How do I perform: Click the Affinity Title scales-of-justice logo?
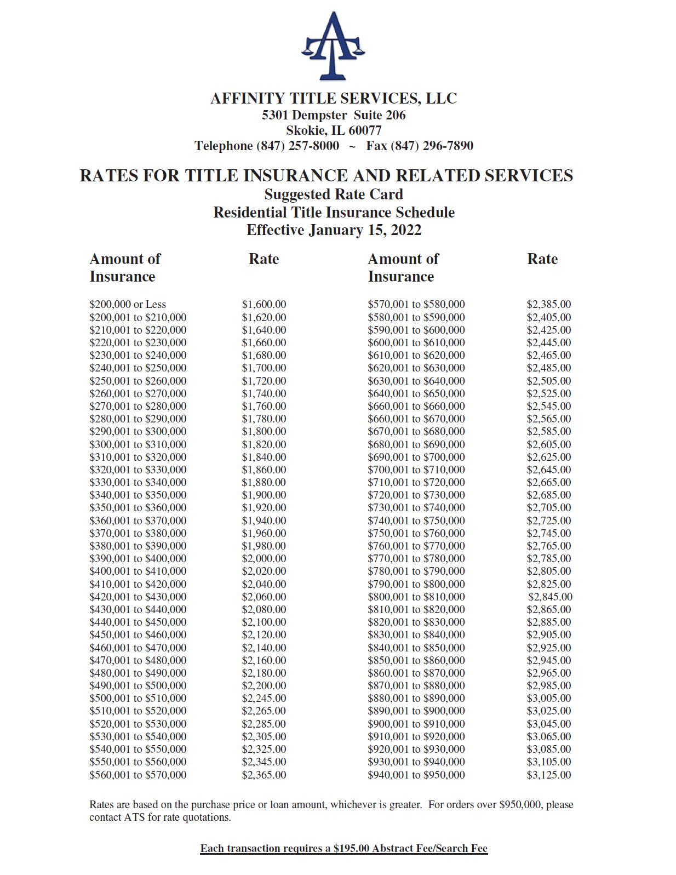(x=333, y=47)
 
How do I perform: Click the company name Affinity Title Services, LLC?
(x=334, y=99)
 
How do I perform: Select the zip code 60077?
(x=365, y=130)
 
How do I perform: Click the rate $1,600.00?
(x=264, y=304)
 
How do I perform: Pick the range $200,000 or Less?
(x=128, y=304)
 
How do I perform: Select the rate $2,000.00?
(x=264, y=558)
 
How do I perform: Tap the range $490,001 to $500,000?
(x=138, y=685)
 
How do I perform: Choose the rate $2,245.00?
(x=264, y=698)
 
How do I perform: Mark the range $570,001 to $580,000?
(x=416, y=304)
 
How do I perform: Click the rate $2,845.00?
(x=550, y=597)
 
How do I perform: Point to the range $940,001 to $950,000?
(x=416, y=775)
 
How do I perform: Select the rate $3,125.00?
(x=549, y=775)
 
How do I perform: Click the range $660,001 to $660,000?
(x=416, y=406)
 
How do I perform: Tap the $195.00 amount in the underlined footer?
(x=351, y=848)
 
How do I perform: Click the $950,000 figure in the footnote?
(x=520, y=804)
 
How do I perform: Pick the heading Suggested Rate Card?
(x=334, y=195)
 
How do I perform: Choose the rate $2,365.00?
(x=264, y=775)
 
